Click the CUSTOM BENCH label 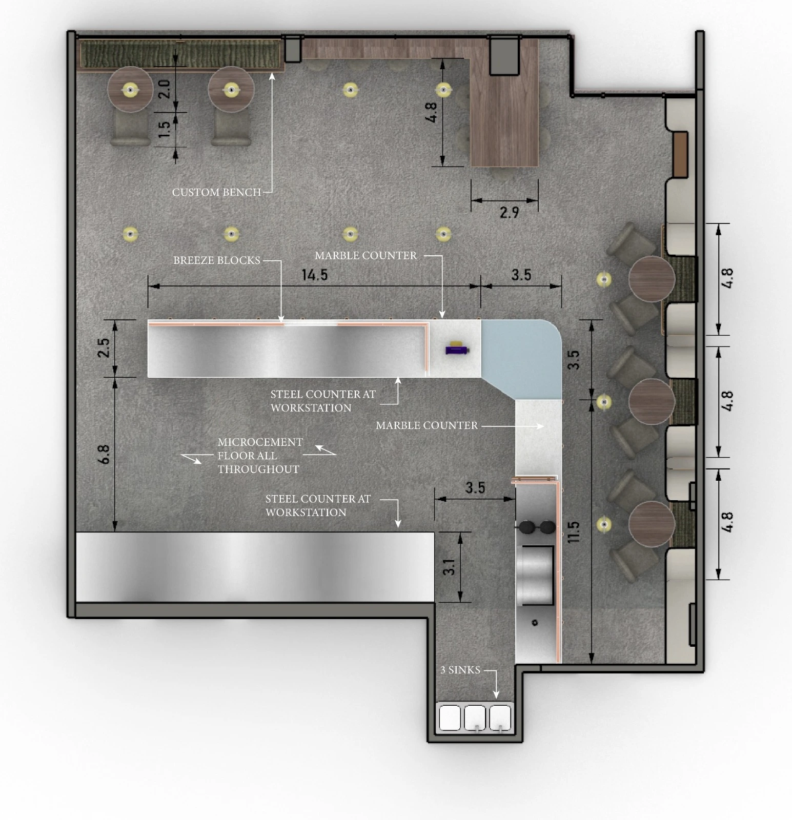pyautogui.click(x=216, y=192)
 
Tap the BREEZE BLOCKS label pyautogui.click(x=217, y=260)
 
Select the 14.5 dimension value pyautogui.click(x=314, y=275)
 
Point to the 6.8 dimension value pyautogui.click(x=104, y=454)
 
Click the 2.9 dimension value pyautogui.click(x=509, y=212)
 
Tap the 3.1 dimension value pyautogui.click(x=449, y=567)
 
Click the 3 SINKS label pyautogui.click(x=460, y=670)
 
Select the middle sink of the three pyautogui.click(x=475, y=717)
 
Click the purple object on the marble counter pyautogui.click(x=457, y=349)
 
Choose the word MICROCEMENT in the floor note pyautogui.click(x=260, y=442)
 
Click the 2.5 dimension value pyautogui.click(x=104, y=347)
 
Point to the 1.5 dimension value pyautogui.click(x=164, y=129)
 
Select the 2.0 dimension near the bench pyautogui.click(x=164, y=89)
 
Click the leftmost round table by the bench pyautogui.click(x=130, y=89)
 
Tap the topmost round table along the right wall pyautogui.click(x=652, y=279)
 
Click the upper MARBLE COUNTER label pyautogui.click(x=365, y=256)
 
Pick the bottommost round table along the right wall pyautogui.click(x=652, y=524)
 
